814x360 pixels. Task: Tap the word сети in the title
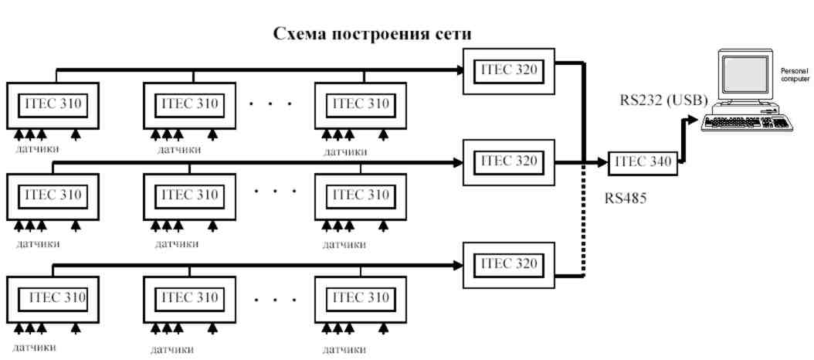click(454, 36)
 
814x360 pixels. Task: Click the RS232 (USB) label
click(665, 100)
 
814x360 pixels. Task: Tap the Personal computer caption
click(795, 76)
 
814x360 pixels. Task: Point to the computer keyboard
click(745, 123)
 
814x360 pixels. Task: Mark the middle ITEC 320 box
click(507, 162)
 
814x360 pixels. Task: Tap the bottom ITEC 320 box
click(507, 264)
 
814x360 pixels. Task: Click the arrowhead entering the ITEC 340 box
click(602, 163)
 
